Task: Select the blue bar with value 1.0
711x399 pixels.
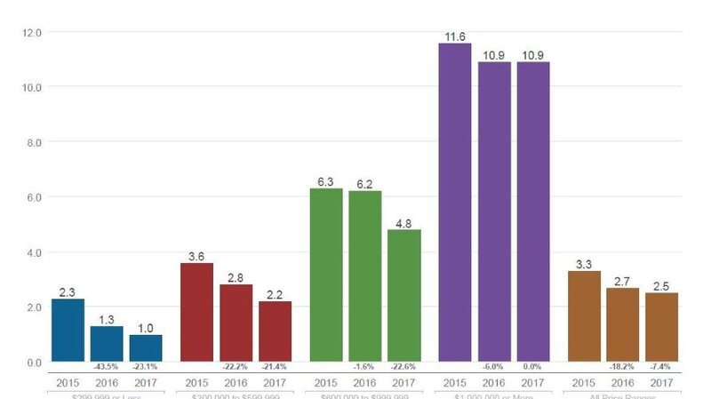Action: [146, 348]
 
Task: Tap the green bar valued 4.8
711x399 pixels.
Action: [404, 295]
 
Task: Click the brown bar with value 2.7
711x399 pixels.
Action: [622, 324]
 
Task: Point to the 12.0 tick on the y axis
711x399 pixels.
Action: [32, 33]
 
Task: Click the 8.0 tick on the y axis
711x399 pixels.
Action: [32, 142]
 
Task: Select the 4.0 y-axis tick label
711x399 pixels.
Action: [32, 252]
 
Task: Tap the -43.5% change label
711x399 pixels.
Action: [107, 367]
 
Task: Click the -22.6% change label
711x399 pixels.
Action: [404, 367]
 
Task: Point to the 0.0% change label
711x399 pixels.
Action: [533, 367]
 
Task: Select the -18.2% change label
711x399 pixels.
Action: [622, 367]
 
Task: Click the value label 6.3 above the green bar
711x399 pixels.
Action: [326, 182]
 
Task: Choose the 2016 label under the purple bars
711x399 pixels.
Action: [494, 382]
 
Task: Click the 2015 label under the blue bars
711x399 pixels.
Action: [68, 382]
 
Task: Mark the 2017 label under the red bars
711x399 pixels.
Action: [276, 382]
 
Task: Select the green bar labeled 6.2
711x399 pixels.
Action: [365, 276]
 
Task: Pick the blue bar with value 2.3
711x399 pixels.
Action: [68, 330]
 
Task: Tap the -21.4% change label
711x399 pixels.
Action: [276, 367]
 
